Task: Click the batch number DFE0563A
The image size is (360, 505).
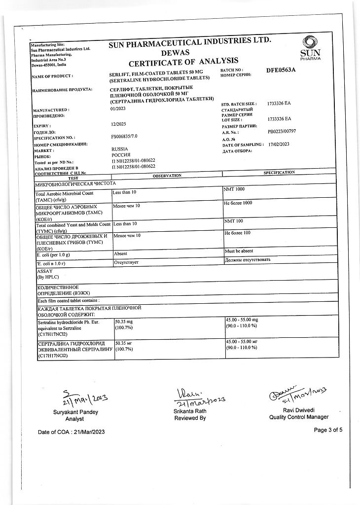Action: click(281, 70)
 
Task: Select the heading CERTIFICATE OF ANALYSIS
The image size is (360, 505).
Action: click(183, 63)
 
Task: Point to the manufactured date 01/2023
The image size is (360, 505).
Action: click(118, 109)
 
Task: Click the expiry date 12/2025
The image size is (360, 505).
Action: click(118, 126)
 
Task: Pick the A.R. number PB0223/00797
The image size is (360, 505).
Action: click(282, 132)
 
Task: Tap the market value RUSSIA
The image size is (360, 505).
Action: click(120, 149)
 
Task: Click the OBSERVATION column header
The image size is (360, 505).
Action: click(167, 176)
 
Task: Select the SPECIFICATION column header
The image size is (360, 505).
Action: click(279, 173)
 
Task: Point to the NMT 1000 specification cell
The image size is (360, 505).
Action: click(234, 189)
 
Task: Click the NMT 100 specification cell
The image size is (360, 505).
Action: click(233, 221)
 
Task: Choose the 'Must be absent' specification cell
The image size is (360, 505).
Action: click(239, 251)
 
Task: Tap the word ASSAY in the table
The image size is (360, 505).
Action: click(44, 271)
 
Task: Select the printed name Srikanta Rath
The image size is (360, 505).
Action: click(190, 411)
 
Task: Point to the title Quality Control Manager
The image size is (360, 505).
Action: click(299, 417)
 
